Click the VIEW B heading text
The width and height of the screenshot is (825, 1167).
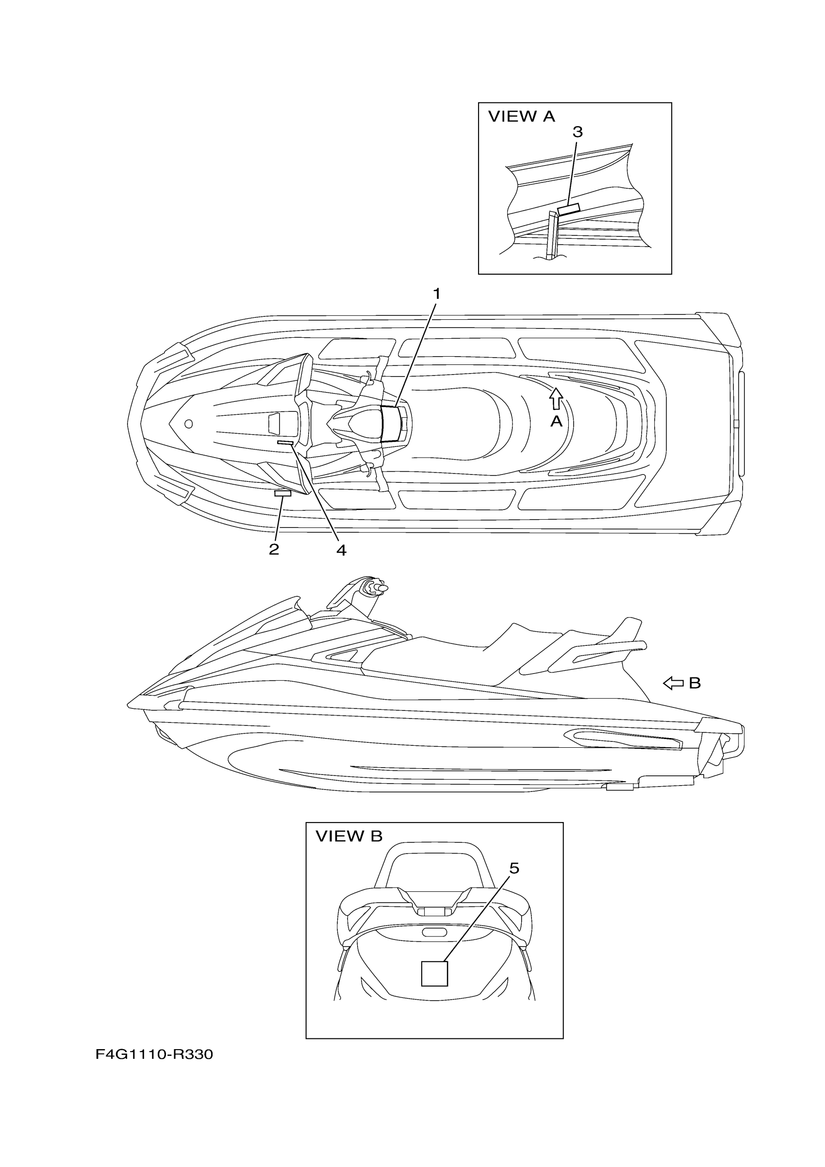(349, 836)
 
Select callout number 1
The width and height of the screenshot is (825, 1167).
(436, 294)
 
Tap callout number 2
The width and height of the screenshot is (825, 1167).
(274, 549)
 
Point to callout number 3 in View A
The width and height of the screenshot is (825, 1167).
(577, 132)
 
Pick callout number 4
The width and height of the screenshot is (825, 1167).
(341, 550)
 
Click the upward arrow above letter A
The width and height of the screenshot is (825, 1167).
(556, 398)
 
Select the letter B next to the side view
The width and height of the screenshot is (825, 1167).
(695, 684)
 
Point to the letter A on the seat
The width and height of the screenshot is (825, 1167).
(557, 421)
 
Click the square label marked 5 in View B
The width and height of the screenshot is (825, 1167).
(435, 974)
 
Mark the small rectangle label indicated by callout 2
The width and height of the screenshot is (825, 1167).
(282, 493)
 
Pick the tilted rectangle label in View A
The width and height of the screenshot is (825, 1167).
(568, 209)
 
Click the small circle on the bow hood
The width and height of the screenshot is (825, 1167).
(189, 424)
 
